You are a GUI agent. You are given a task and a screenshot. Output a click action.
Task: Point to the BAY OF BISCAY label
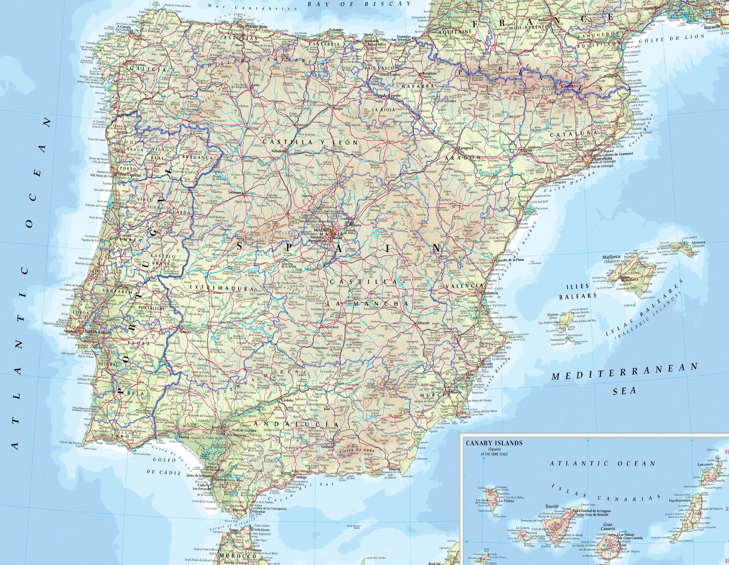(x=359, y=4)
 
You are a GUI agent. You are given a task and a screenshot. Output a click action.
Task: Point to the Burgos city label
(x=338, y=109)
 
